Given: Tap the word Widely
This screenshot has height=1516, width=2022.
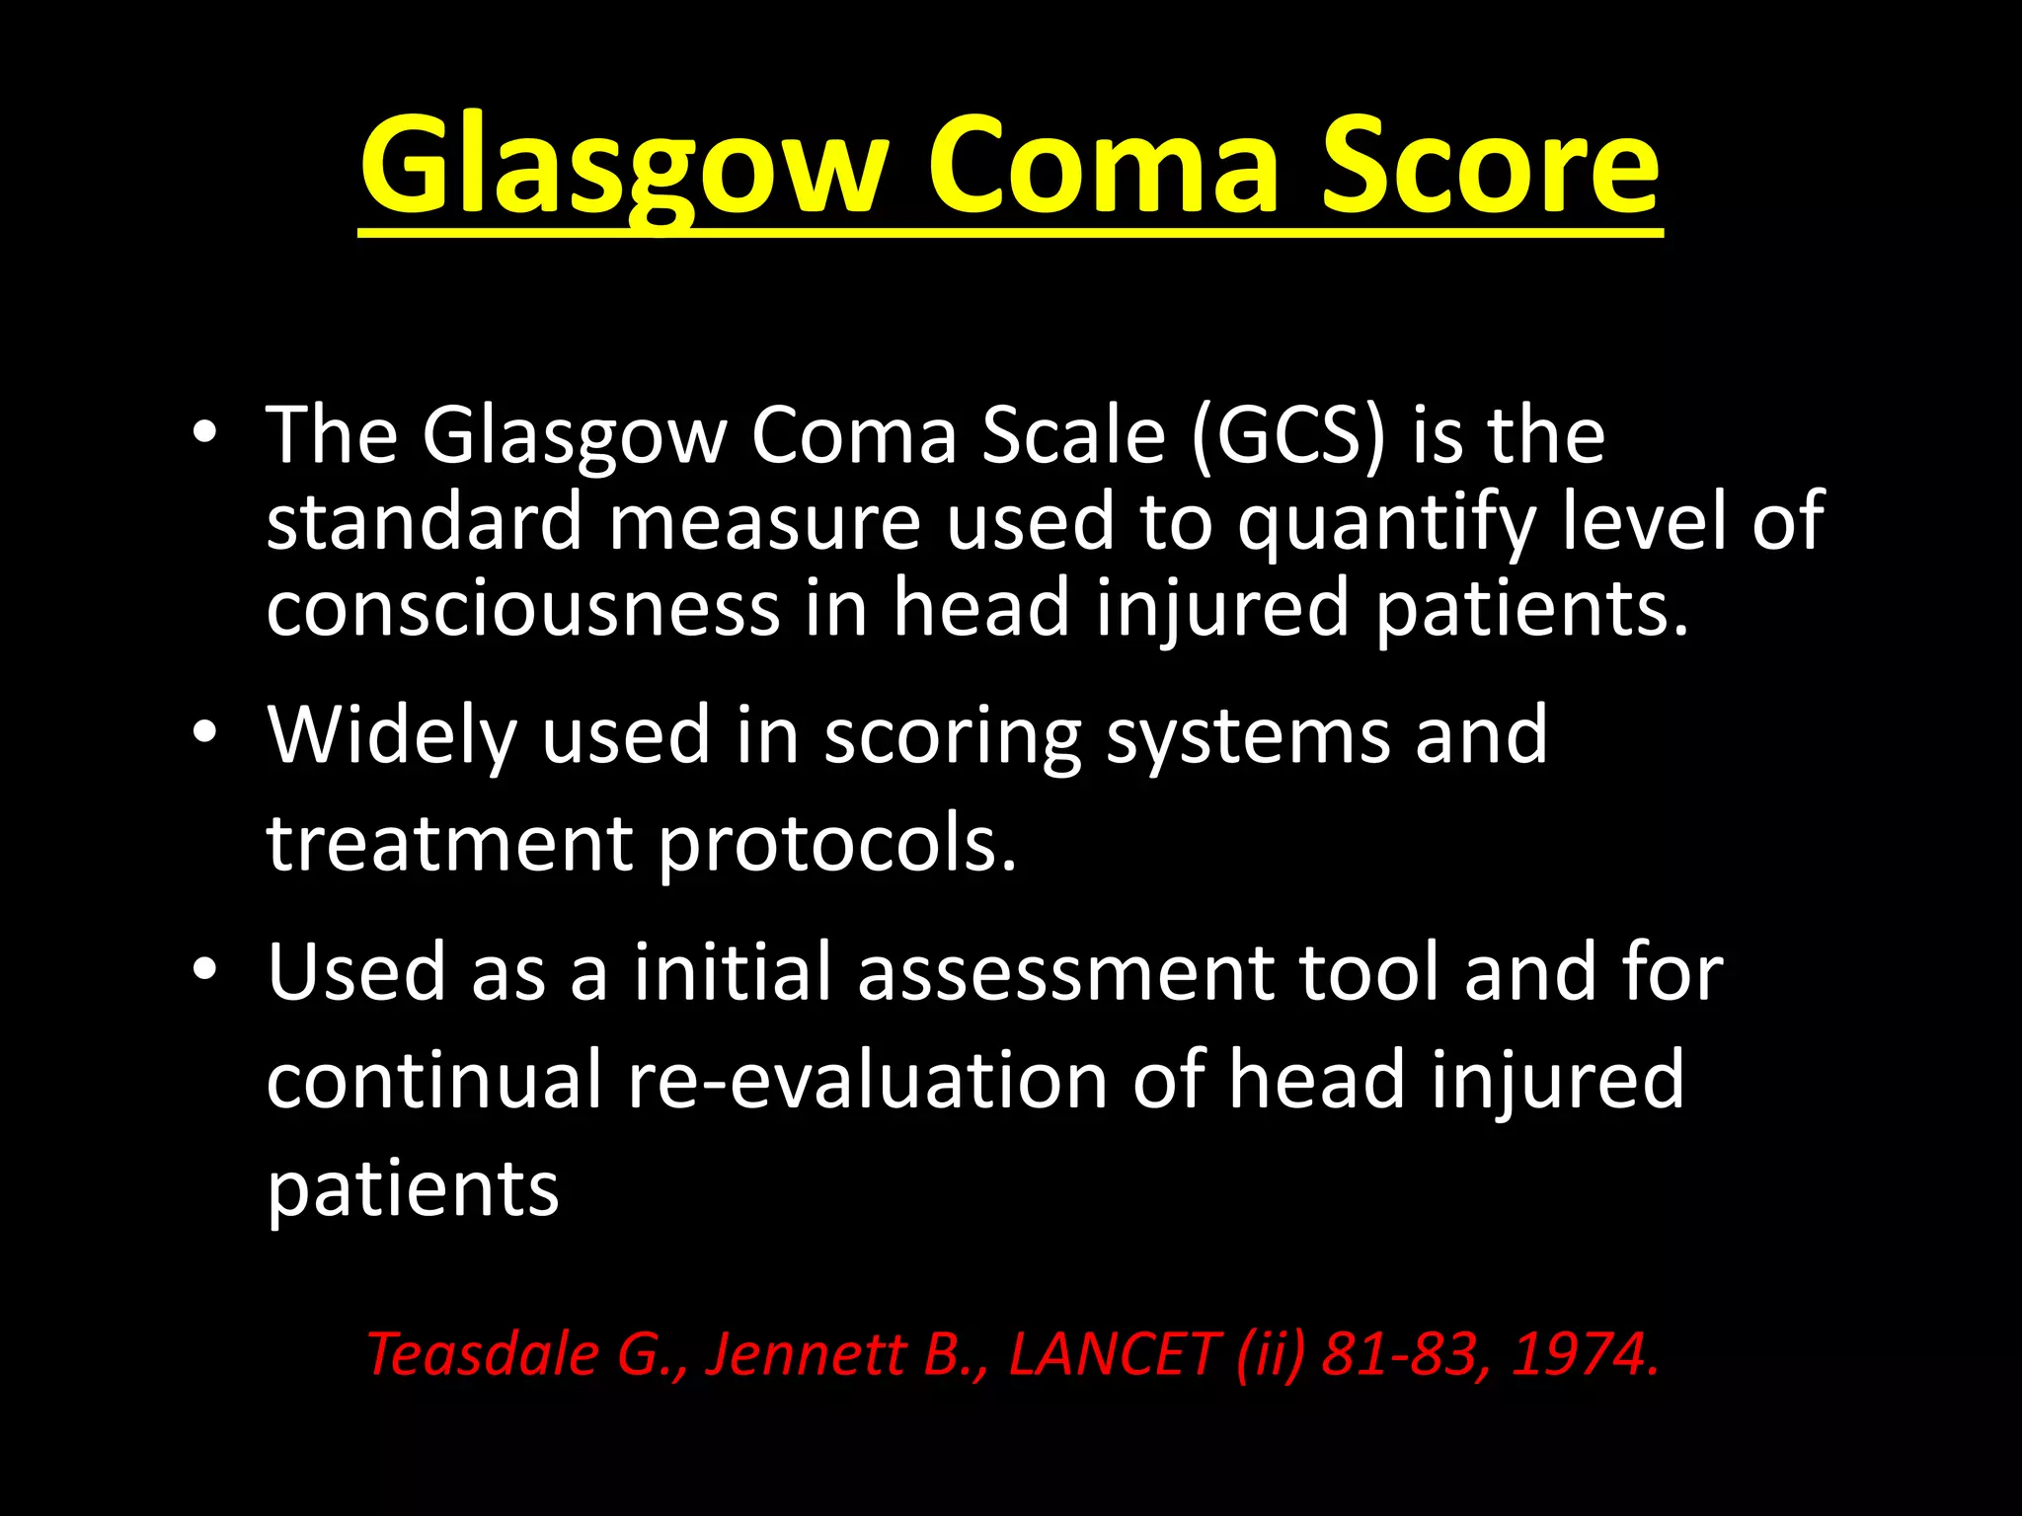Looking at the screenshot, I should click(392, 736).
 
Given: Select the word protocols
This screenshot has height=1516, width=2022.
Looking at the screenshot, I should click(837, 845).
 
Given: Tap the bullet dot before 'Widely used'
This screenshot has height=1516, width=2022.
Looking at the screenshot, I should click(204, 732).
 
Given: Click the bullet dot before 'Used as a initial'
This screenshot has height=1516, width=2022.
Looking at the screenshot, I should click(204, 969).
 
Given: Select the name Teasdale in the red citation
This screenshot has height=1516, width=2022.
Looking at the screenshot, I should click(482, 1353).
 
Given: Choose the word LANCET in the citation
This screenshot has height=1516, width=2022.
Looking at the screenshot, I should click(1112, 1353).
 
